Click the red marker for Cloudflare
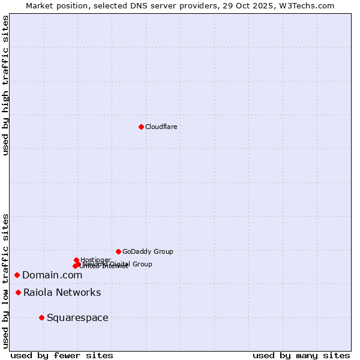pyautogui.click(x=141, y=127)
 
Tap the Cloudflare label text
pyautogui.click(x=161, y=127)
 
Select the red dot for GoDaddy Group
pyautogui.click(x=118, y=251)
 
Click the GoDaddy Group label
pyautogui.click(x=148, y=251)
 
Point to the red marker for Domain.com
pyautogui.click(x=17, y=275)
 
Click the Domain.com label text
pyautogui.click(x=52, y=275)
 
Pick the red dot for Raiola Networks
pyautogui.click(x=19, y=292)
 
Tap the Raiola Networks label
pyautogui.click(x=62, y=292)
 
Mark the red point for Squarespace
pyautogui.click(x=41, y=317)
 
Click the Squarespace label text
pyautogui.click(x=77, y=317)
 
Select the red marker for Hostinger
pyautogui.click(x=76, y=260)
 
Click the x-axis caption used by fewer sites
pyautogui.click(x=62, y=355)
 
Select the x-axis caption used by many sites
pyautogui.click(x=301, y=355)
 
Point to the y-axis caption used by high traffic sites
pyautogui.click(x=6, y=85)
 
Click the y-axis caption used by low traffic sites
pyautogui.click(x=6, y=280)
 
